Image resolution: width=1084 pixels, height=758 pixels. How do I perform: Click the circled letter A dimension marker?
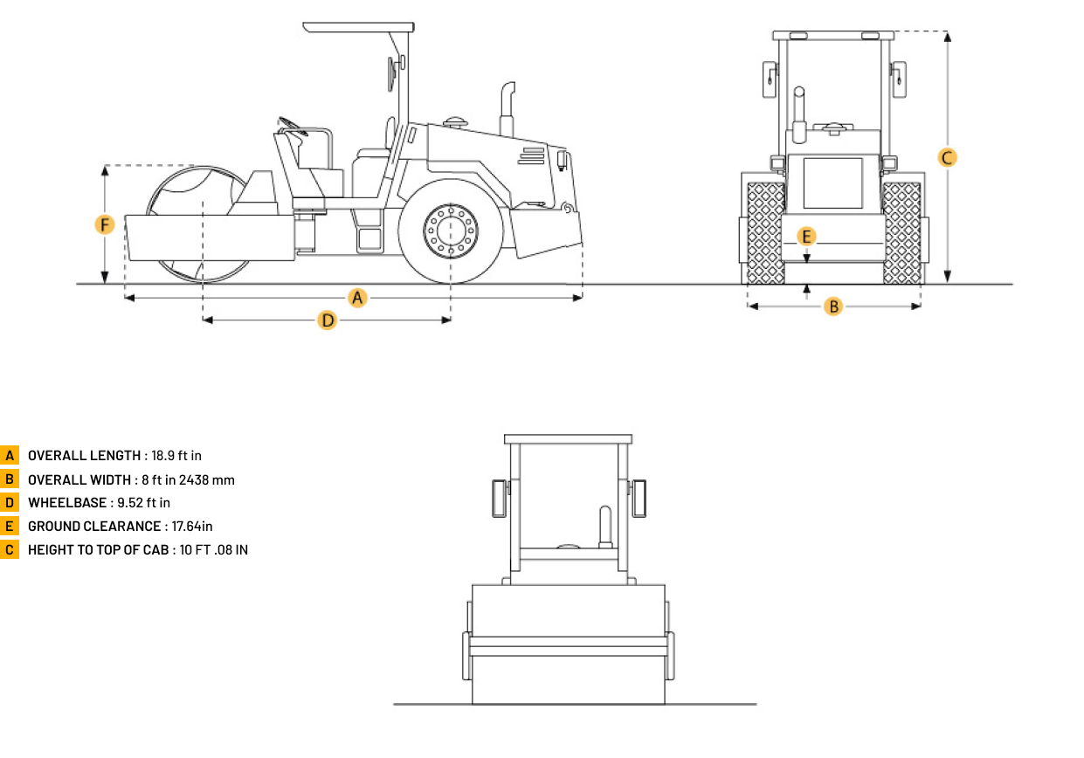(357, 298)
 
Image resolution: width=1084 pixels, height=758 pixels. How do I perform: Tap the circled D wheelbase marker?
(328, 320)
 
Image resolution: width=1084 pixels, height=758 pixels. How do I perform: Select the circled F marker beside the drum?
(105, 224)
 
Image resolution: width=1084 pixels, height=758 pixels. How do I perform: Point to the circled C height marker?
(947, 158)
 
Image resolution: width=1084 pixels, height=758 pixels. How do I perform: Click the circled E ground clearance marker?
(806, 237)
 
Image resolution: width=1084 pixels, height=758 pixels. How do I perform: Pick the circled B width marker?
(833, 307)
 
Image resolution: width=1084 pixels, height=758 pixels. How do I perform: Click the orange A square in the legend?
(10, 455)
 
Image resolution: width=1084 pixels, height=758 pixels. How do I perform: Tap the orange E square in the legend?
(10, 526)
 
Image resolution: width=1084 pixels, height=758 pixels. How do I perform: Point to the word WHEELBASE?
(67, 503)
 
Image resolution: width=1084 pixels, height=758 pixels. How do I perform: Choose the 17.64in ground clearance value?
(192, 527)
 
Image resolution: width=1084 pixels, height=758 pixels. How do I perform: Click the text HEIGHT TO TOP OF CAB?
(98, 550)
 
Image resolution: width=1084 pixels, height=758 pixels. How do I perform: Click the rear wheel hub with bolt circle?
(451, 231)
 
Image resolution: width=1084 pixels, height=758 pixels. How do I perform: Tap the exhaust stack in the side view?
(507, 109)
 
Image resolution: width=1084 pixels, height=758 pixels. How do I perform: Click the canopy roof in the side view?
(359, 27)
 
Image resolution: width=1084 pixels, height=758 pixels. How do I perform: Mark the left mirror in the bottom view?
(499, 499)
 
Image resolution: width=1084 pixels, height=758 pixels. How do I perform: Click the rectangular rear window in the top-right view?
(832, 183)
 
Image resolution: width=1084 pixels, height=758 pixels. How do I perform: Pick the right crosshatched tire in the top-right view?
(902, 232)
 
